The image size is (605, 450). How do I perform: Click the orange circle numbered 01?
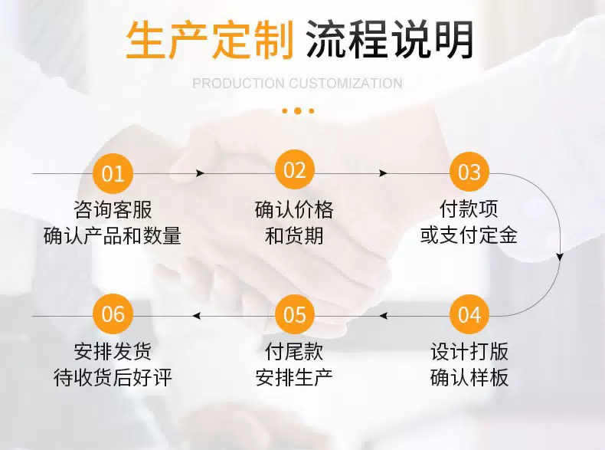(113, 173)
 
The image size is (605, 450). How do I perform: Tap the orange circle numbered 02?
(295, 170)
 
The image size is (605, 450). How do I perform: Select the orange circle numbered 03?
(469, 172)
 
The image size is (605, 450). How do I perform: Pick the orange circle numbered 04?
(469, 314)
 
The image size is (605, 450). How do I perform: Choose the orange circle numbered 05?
(295, 314)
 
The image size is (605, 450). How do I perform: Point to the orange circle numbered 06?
(113, 314)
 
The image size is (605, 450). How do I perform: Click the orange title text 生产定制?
(211, 40)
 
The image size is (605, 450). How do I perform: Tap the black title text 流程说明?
(390, 40)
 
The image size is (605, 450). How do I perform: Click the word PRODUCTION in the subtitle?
(238, 83)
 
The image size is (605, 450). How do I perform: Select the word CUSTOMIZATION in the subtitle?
(345, 83)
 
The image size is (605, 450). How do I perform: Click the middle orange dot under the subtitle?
(297, 111)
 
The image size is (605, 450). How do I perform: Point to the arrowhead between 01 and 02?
(200, 173)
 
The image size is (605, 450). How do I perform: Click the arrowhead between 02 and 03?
(383, 173)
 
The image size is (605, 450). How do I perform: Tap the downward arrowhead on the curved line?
(560, 257)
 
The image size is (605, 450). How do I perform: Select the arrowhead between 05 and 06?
(197, 316)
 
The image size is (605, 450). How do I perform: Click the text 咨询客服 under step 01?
(113, 210)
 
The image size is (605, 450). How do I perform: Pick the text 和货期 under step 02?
(294, 235)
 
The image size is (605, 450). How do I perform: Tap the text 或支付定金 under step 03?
(469, 235)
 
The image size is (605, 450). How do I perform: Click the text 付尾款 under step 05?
(294, 352)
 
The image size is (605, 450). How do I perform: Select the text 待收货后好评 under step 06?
(113, 378)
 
